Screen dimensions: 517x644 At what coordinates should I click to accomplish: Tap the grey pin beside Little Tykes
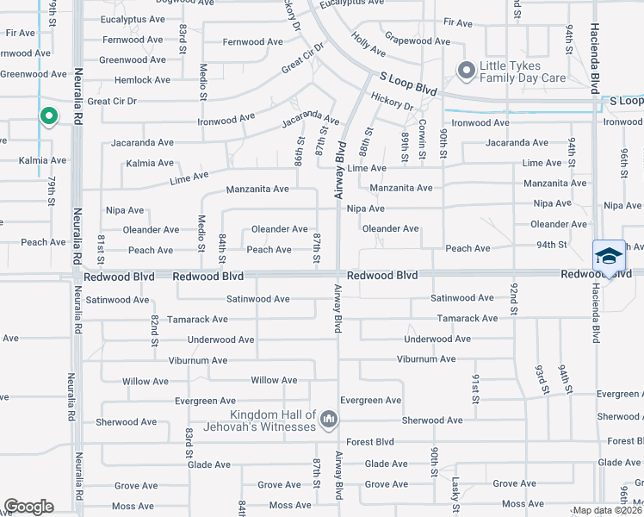466,71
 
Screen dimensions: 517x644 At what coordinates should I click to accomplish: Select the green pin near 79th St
49,116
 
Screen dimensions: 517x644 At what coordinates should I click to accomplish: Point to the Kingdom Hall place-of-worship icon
328,420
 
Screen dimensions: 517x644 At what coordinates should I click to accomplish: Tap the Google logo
28,507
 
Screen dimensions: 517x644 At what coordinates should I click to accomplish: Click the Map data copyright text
607,510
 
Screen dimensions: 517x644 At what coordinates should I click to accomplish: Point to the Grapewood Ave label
418,40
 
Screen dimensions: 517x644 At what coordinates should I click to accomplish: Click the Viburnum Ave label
198,360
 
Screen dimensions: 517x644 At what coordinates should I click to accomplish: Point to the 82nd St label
155,330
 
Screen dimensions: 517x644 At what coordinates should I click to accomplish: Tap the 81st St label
102,245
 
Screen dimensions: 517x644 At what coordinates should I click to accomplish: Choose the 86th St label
300,150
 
